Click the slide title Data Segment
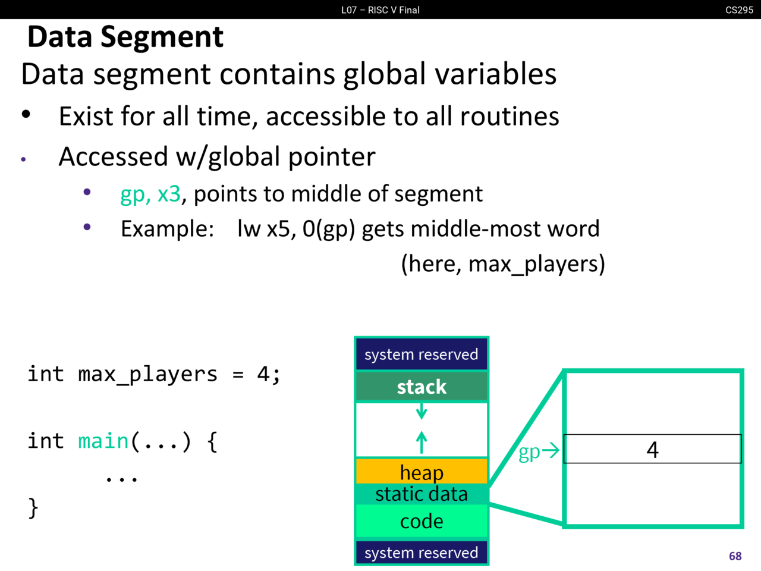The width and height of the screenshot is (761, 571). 125,37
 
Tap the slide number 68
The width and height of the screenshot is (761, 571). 735,556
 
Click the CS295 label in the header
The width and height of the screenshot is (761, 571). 739,10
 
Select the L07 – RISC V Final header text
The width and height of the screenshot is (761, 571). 380,10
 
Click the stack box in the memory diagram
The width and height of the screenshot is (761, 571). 422,387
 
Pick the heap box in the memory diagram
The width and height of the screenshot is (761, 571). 422,472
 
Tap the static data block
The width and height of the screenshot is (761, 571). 422,494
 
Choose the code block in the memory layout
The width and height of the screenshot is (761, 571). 422,522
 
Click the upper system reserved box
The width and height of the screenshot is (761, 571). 422,354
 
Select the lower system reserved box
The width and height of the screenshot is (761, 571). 422,553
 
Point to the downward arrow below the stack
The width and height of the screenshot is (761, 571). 422,411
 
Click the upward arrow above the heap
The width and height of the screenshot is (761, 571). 422,442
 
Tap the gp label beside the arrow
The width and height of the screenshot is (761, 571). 529,452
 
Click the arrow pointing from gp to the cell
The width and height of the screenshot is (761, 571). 551,450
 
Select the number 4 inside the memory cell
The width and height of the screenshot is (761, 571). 652,450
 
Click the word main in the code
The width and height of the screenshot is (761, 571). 103,441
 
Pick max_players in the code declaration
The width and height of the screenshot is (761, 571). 147,374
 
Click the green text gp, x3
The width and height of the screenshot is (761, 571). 150,194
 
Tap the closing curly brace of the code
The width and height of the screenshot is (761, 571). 33,508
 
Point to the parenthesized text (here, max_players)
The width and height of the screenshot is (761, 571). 503,263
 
